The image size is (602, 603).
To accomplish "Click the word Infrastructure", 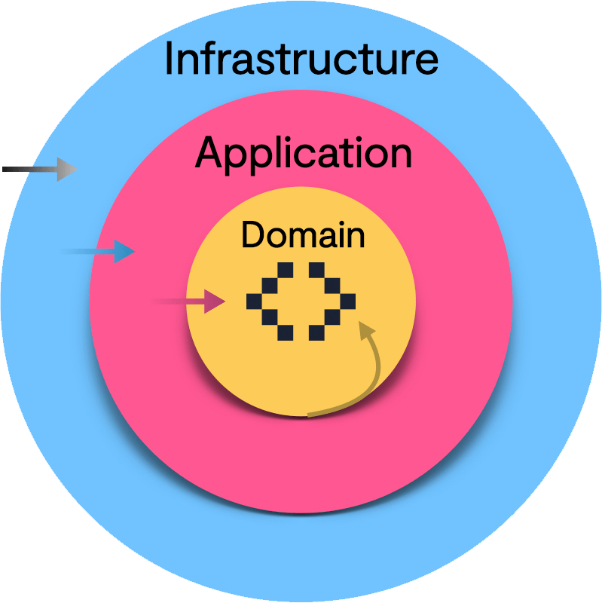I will pyautogui.click(x=301, y=58).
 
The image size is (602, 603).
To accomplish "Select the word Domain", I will pyautogui.click(x=303, y=235).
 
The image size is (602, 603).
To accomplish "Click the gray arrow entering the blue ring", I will pyautogui.click(x=64, y=170).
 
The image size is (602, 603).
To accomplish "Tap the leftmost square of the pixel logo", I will pyautogui.click(x=254, y=301).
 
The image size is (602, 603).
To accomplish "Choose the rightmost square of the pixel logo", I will pyautogui.click(x=347, y=301).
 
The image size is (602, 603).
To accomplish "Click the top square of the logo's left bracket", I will pyautogui.click(x=285, y=271).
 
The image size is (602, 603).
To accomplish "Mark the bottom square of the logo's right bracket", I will pyautogui.click(x=316, y=332).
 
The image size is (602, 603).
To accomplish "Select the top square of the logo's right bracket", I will pyautogui.click(x=316, y=271).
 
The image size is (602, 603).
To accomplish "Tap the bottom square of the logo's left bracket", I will pyautogui.click(x=285, y=332).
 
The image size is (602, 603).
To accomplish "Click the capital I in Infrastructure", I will pyautogui.click(x=170, y=58).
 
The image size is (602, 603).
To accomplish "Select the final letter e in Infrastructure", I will pyautogui.click(x=426, y=61).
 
